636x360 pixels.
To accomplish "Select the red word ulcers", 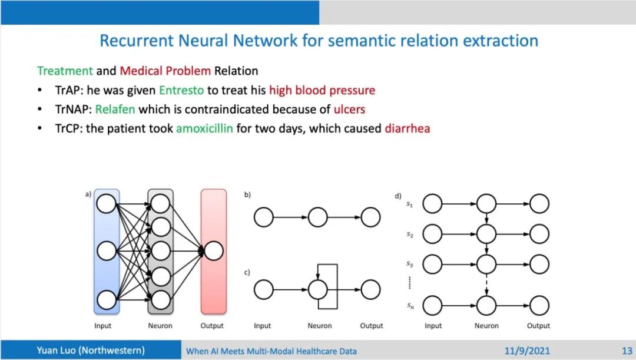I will tap(349, 109).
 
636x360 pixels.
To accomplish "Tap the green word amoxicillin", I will tap(204, 128).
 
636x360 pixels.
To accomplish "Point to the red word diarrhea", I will tap(408, 128).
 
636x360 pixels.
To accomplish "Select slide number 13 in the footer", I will tap(627, 351).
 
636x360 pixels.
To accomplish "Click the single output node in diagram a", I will tap(213, 252).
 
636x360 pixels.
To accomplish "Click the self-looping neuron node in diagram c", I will tap(317, 289).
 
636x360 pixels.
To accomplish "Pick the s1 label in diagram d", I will tap(409, 204).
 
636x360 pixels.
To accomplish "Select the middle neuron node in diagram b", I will tap(317, 217).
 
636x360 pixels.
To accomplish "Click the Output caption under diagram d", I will tap(538, 326).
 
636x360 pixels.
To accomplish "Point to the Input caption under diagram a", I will tap(102, 326).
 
